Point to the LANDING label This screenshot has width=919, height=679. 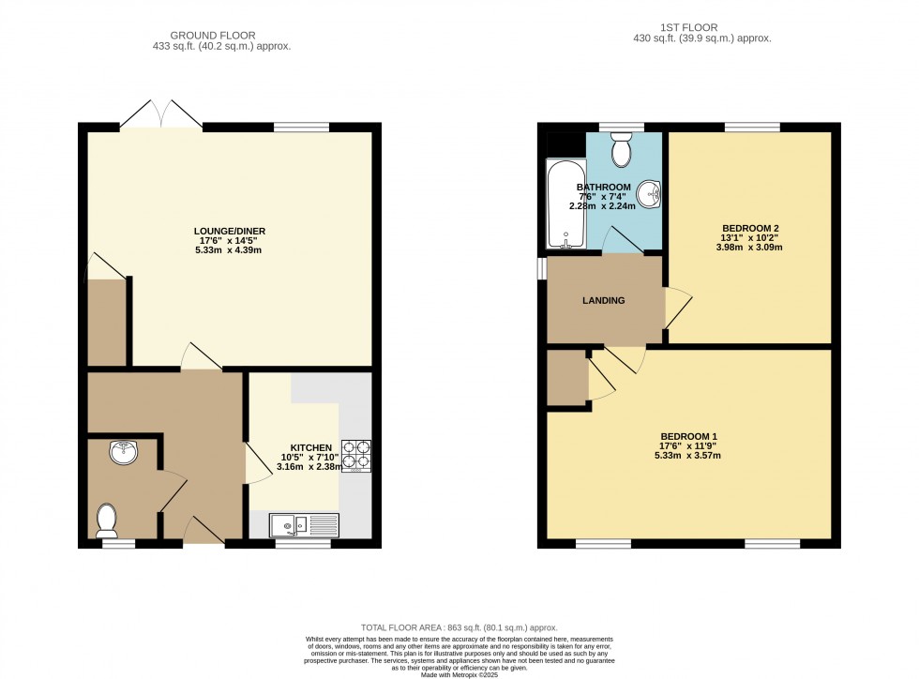click(x=603, y=300)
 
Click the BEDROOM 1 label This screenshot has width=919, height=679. click(x=689, y=436)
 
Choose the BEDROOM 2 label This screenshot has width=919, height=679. click(x=750, y=228)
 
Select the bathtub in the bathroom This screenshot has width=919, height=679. click(x=565, y=204)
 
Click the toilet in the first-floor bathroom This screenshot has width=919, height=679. click(x=621, y=148)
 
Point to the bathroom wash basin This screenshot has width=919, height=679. click(x=649, y=194)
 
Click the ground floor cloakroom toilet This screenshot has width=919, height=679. click(x=107, y=519)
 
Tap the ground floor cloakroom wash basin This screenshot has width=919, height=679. click(x=123, y=454)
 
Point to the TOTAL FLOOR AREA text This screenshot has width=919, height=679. click(x=459, y=627)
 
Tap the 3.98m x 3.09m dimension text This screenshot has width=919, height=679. click(x=750, y=248)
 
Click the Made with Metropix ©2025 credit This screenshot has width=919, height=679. click(x=459, y=674)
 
